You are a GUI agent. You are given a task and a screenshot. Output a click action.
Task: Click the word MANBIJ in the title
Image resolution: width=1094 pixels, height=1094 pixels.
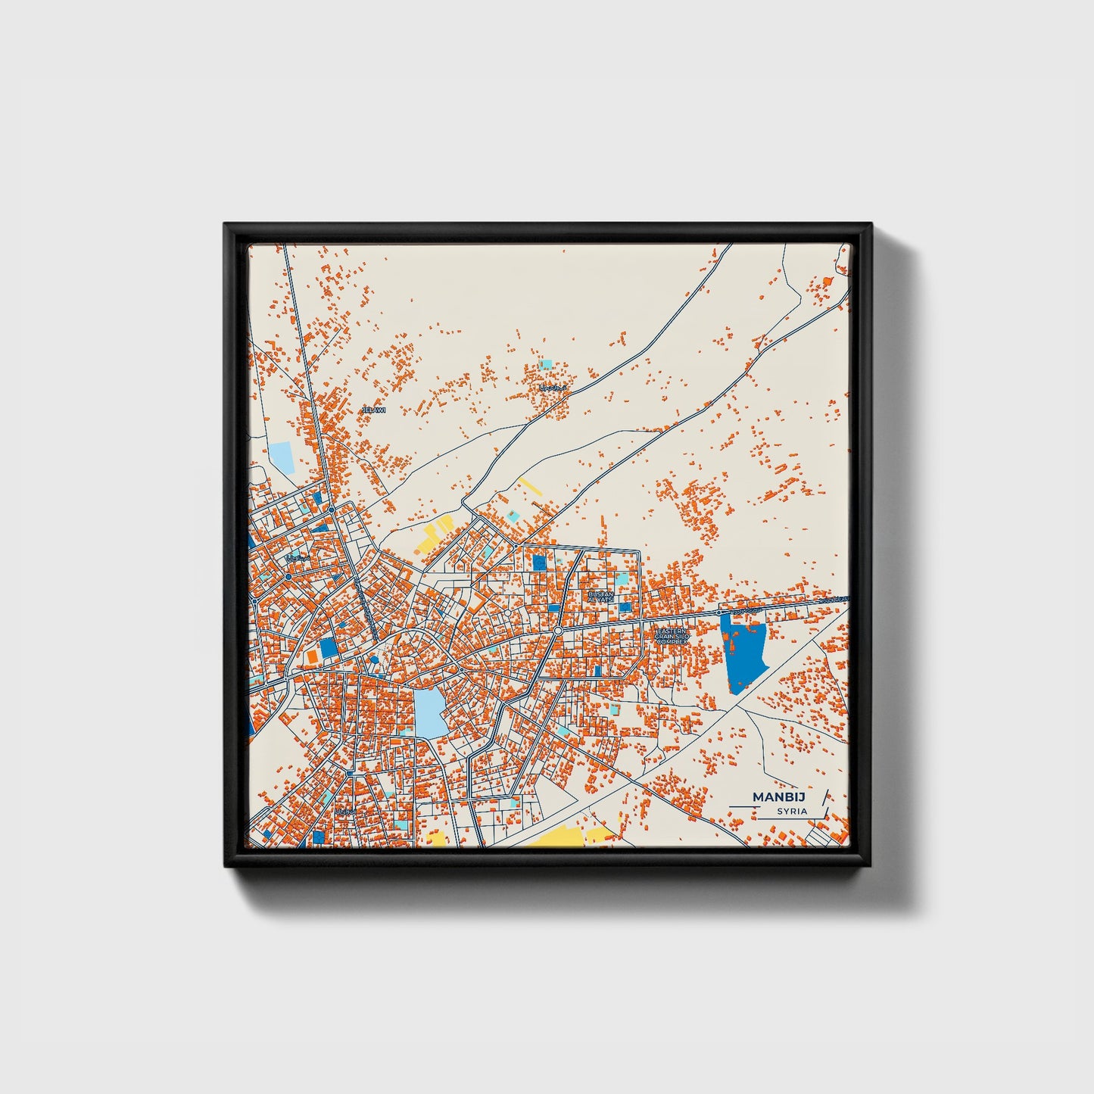(779, 796)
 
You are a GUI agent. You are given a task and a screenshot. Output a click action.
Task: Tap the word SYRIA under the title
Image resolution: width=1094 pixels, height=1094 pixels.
(792, 811)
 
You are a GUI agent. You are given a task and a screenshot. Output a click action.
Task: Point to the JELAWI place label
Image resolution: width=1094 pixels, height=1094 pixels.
(374, 410)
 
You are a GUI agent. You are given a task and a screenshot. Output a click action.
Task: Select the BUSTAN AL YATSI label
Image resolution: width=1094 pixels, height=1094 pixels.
(600, 597)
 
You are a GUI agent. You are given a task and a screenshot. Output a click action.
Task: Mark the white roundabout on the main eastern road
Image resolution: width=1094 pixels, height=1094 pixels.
(557, 630)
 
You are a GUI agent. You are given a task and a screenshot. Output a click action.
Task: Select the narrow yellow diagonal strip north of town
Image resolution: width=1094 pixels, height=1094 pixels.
(529, 485)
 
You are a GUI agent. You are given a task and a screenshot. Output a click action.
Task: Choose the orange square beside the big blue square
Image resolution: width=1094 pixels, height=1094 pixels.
(311, 655)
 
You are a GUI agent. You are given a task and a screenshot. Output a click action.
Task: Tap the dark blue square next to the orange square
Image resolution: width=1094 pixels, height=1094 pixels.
(328, 648)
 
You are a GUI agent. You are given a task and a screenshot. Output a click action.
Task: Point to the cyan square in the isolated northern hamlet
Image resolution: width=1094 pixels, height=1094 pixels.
(545, 364)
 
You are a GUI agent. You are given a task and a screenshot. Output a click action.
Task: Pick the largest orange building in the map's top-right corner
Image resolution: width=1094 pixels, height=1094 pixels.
(828, 282)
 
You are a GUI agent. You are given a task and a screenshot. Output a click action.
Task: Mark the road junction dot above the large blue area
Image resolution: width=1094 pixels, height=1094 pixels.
(718, 612)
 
